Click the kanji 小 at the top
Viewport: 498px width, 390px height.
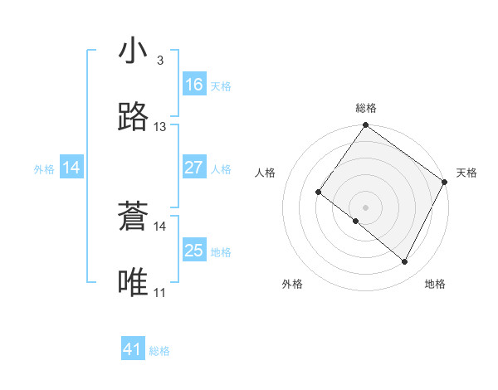134,51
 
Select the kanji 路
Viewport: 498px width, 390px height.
134,118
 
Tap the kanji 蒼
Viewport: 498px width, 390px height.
134,217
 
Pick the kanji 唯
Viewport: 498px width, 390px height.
134,282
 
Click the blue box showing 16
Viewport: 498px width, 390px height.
194,85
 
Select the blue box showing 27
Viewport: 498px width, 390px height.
194,168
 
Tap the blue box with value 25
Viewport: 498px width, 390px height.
194,251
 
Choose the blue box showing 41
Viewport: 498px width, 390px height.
133,349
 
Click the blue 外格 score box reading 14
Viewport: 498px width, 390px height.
71,168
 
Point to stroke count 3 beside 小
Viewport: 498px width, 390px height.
159,61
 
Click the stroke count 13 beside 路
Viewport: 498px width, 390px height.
160,127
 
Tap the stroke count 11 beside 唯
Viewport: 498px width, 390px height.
159,292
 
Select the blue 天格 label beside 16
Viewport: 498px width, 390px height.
220,86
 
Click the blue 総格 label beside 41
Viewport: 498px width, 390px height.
159,351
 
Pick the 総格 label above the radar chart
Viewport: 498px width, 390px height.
365,108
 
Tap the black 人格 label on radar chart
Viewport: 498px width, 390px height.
265,173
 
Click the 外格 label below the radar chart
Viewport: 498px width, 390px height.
292,284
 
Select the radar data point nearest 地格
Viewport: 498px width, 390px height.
405,262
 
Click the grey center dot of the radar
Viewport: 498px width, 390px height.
365,207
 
